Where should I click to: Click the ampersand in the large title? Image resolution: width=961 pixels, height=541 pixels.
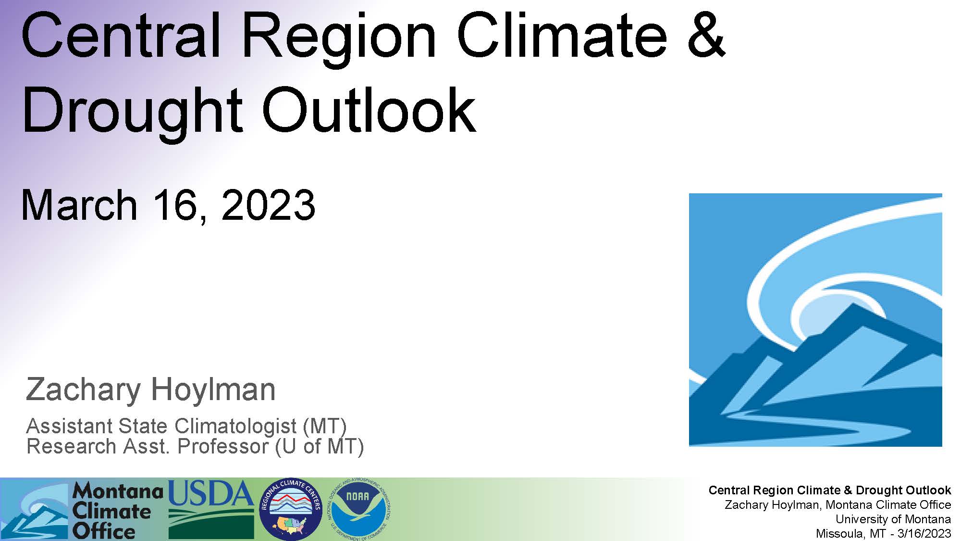pyautogui.click(x=706, y=35)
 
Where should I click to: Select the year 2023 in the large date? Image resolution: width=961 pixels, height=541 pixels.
pyautogui.click(x=268, y=205)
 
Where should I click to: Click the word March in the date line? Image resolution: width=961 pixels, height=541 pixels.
pyautogui.click(x=80, y=205)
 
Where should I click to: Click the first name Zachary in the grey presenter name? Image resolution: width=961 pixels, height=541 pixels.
pyautogui.click(x=83, y=390)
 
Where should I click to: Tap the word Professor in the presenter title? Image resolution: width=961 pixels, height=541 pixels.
pyautogui.click(x=223, y=446)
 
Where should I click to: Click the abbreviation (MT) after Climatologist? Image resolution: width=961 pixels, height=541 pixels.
pyautogui.click(x=325, y=427)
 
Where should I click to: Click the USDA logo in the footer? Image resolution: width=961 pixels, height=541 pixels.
pyautogui.click(x=211, y=509)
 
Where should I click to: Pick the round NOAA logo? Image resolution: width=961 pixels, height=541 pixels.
pyautogui.click(x=360, y=509)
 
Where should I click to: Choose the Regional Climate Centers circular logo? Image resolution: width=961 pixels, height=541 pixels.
pyautogui.click(x=291, y=509)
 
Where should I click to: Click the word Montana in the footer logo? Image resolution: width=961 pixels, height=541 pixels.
pyautogui.click(x=118, y=491)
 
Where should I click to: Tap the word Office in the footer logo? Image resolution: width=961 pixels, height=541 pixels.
pyautogui.click(x=104, y=531)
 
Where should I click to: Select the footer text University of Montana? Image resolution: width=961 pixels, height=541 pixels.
pyautogui.click(x=893, y=519)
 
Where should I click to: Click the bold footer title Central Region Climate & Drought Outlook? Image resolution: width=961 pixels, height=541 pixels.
pyautogui.click(x=830, y=491)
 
